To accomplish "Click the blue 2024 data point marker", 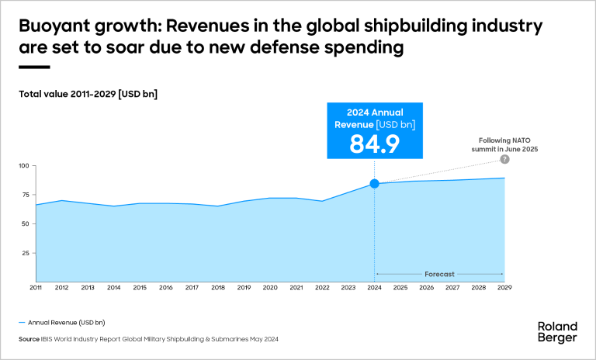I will click(x=374, y=183).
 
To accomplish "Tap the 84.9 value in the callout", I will click(x=374, y=144).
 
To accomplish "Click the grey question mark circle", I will click(x=504, y=159).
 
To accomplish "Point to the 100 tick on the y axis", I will click(x=23, y=166).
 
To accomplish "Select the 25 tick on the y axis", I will click(x=25, y=253).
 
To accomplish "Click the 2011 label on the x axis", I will click(x=36, y=288).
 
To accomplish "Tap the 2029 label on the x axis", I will click(x=504, y=288).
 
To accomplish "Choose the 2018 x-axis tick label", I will click(x=218, y=288).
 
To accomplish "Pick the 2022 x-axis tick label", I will click(x=322, y=288).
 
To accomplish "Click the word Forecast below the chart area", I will click(x=439, y=274).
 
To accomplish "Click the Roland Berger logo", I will click(x=557, y=331).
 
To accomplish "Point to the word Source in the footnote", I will click(x=29, y=339).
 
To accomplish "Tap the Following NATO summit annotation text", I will click(x=507, y=144).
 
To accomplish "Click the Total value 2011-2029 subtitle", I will click(x=88, y=94).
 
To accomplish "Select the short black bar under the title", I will click(x=34, y=67).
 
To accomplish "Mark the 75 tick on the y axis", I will click(x=25, y=195).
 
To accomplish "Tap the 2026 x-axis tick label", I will click(x=426, y=288).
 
